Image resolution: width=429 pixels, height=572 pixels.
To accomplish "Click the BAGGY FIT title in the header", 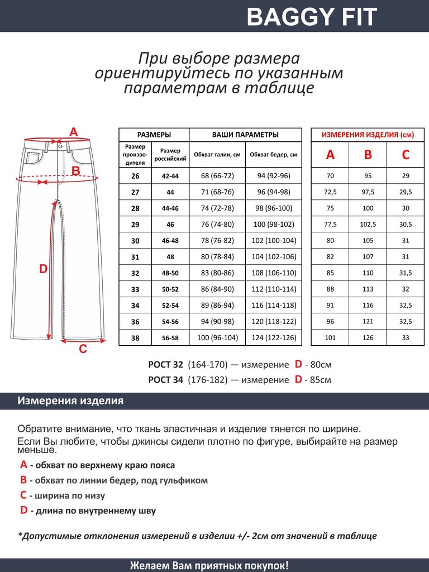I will click(312, 17).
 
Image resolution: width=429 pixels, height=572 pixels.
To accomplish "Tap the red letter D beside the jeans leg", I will click(43, 269).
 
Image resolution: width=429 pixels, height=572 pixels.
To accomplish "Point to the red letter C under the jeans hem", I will click(83, 350).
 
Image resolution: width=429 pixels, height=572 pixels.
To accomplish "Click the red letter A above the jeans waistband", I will click(73, 132).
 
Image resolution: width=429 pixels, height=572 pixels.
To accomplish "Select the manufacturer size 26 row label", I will click(135, 176).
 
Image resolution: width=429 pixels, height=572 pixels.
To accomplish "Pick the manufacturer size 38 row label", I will click(135, 338).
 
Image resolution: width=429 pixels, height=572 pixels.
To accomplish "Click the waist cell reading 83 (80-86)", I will click(217, 273).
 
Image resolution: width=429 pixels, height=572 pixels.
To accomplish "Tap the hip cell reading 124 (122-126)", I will click(273, 338).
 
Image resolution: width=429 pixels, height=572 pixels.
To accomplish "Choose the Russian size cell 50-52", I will click(170, 289).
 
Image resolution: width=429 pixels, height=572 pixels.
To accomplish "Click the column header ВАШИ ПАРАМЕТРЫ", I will click(245, 135).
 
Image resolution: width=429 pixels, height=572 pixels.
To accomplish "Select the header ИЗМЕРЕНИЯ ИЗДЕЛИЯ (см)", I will click(367, 135).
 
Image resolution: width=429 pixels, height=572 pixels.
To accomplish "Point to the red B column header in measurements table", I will click(368, 155).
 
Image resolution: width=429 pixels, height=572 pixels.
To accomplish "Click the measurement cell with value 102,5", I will click(368, 225).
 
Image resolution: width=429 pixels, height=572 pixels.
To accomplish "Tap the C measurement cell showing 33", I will click(406, 338).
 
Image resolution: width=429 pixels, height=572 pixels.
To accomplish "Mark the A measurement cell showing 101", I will click(330, 338).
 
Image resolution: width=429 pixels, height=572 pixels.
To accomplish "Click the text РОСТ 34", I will click(165, 380).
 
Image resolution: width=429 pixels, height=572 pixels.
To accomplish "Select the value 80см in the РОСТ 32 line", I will click(321, 365).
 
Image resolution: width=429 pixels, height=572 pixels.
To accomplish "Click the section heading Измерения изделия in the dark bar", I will click(70, 401).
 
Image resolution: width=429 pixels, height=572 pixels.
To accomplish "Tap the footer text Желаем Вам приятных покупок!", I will click(209, 565).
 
